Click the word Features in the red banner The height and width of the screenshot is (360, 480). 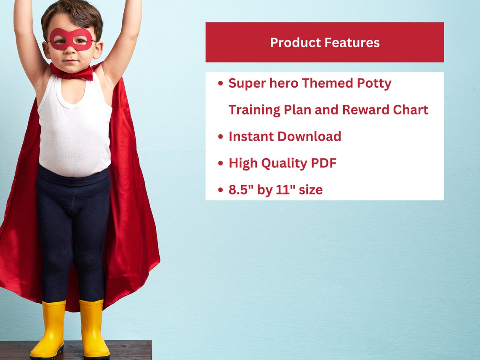coord(353,43)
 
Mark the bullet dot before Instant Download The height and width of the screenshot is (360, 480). coord(221,137)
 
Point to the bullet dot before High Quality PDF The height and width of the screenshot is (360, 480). coord(221,163)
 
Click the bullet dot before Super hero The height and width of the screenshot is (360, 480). coord(221,84)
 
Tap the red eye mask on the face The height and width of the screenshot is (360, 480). coord(71,39)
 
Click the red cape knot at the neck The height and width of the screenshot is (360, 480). coord(76,73)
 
